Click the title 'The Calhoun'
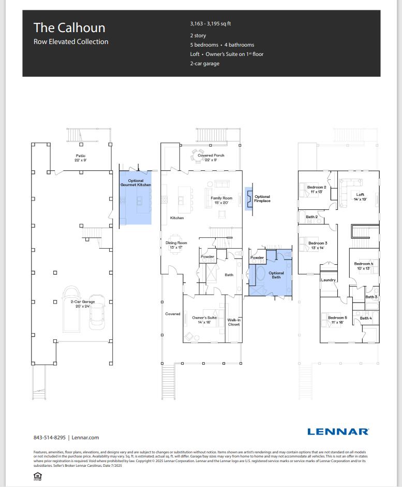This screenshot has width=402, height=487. (69, 27)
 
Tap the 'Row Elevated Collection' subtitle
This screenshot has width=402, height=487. (71, 42)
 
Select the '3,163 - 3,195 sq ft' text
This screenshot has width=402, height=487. (211, 24)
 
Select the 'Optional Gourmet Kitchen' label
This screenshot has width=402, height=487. (136, 183)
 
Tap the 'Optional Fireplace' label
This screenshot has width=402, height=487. (262, 198)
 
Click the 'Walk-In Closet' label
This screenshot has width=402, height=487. (234, 322)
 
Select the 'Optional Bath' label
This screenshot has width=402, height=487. (276, 275)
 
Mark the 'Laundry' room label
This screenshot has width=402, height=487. (329, 280)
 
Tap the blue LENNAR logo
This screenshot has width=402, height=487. (338, 431)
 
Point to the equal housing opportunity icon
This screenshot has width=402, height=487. (37, 476)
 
